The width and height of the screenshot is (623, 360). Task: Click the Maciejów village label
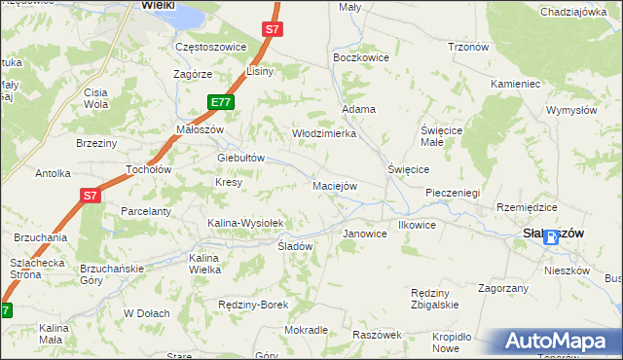335,185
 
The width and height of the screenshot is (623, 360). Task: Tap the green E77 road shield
220,101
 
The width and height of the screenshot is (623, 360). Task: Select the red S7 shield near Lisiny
272,30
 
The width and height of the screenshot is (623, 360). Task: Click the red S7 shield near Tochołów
90,196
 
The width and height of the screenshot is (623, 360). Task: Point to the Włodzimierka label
324,133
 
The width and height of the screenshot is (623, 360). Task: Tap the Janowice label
365,234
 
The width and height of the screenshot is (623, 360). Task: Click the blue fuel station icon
551,236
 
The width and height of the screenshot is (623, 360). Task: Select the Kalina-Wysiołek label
245,223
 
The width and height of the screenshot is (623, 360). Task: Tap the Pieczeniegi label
453,193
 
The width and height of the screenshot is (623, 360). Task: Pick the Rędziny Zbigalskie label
434,299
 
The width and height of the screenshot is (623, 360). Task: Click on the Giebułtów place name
241,158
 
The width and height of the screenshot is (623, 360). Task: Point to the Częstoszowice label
208,47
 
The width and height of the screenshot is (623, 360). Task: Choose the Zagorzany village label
503,288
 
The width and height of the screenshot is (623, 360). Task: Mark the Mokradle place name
306,330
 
